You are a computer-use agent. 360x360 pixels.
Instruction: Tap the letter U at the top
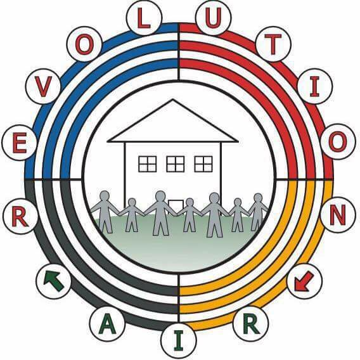click(x=214, y=17)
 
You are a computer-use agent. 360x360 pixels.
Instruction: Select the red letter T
click(x=273, y=44)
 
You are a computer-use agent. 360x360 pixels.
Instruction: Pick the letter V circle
click(x=43, y=87)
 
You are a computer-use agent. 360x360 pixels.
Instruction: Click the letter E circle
click(x=20, y=143)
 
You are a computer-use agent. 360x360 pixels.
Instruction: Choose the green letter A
click(x=107, y=326)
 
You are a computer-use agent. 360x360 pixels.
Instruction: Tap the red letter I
click(x=315, y=87)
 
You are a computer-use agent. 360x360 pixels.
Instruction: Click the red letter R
click(x=20, y=216)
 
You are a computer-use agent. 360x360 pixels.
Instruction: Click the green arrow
click(x=54, y=280)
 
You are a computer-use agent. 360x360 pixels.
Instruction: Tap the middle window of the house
click(x=175, y=164)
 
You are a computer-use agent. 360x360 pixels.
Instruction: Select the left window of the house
click(x=148, y=164)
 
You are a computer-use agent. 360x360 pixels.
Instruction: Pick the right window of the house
click(x=203, y=164)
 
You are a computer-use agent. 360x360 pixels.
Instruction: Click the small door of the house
click(x=176, y=207)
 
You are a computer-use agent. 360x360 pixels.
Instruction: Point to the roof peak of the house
click(x=173, y=100)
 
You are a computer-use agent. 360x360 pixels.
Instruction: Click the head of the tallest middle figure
click(x=160, y=196)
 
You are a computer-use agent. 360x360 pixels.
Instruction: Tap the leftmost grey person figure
click(x=105, y=211)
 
